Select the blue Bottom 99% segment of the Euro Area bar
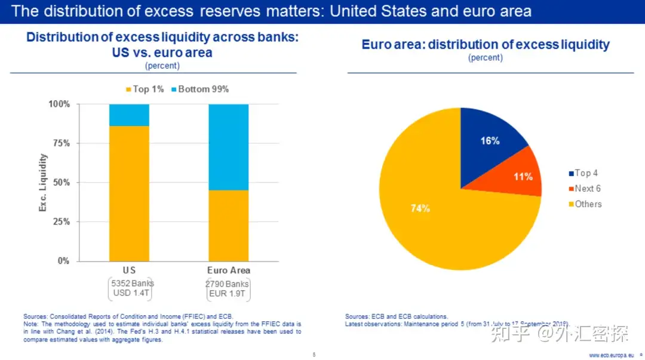(x=228, y=147)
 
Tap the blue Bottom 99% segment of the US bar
(x=129, y=115)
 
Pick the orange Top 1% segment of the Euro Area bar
(x=228, y=225)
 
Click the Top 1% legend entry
(x=145, y=89)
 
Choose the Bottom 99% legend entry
(x=199, y=89)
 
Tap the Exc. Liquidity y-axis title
(x=43, y=183)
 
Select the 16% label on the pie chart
(x=490, y=141)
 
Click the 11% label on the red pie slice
(x=523, y=177)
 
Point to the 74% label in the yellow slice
(x=420, y=208)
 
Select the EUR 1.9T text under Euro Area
(x=228, y=294)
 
